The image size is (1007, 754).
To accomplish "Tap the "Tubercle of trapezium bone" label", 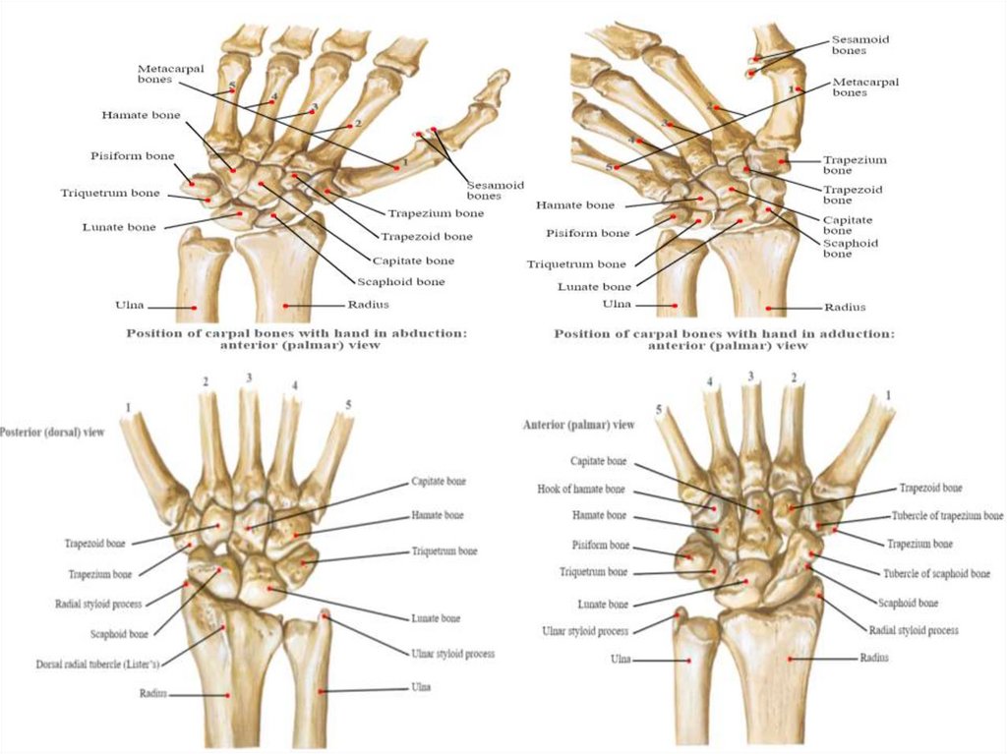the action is tap(947, 515).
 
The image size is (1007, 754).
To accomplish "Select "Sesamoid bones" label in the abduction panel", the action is tap(495, 190).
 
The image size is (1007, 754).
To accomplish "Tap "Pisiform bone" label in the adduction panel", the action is tap(587, 233).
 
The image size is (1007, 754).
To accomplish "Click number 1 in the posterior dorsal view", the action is tap(127, 406).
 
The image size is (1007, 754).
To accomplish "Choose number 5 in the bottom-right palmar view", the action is tap(661, 408).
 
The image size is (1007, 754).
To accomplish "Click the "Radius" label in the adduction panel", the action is tap(845, 307).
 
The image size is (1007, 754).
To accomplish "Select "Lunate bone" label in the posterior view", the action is tap(436, 618).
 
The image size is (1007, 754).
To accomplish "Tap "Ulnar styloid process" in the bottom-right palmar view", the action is tap(585, 631).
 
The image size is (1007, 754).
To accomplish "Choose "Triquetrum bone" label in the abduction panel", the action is tap(110, 193).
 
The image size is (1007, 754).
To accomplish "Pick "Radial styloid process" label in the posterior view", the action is tap(99, 604).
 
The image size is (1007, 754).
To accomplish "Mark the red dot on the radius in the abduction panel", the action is tap(285, 306).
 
